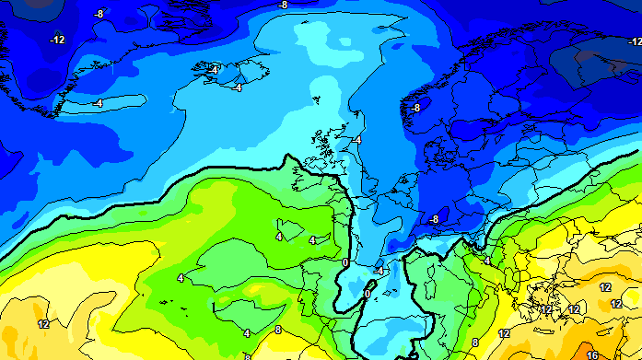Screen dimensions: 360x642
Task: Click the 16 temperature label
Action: click(x=592, y=354)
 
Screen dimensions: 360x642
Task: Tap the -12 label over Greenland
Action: click(x=58, y=40)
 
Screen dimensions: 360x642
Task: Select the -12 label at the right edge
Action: click(x=635, y=41)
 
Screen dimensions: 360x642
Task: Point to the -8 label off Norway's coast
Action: click(x=415, y=108)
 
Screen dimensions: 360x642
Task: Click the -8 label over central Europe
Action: click(x=434, y=218)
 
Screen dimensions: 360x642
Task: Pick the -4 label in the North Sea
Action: click(x=356, y=139)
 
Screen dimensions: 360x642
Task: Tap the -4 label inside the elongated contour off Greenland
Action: click(x=97, y=103)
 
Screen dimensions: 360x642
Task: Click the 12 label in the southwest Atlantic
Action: click(x=43, y=324)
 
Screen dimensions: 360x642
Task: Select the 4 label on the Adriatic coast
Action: click(x=486, y=261)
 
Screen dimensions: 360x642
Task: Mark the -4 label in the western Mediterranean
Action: click(x=379, y=271)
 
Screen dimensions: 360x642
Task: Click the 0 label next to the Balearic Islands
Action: click(x=367, y=293)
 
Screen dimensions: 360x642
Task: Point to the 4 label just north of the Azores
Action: click(x=181, y=277)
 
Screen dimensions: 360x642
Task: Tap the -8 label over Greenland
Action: click(x=99, y=13)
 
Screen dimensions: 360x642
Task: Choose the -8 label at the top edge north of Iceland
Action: click(x=283, y=5)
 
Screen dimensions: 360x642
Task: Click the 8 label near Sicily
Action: click(x=475, y=343)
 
